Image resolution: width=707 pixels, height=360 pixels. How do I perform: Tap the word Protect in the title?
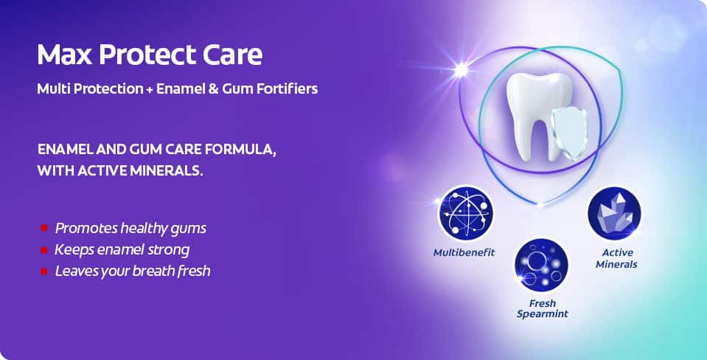click(147, 55)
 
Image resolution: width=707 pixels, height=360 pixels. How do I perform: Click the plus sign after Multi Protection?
click(150, 89)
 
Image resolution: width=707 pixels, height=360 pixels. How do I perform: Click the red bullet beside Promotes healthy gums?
click(44, 228)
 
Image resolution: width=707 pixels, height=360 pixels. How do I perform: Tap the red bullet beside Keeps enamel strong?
click(44, 249)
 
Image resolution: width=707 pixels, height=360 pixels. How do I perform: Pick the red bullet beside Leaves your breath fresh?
click(44, 271)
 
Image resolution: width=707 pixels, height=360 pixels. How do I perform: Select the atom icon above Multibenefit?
click(466, 213)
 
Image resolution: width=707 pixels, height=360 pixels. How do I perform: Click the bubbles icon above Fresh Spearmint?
click(542, 266)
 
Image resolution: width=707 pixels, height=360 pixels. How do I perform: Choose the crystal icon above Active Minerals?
click(614, 213)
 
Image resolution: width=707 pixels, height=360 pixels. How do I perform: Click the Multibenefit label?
click(464, 252)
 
